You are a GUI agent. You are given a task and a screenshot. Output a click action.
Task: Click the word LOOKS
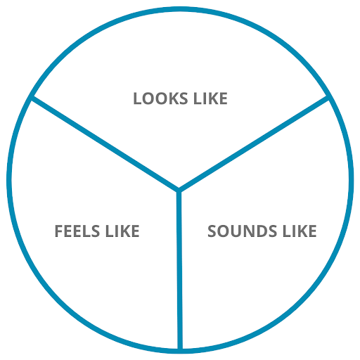160,98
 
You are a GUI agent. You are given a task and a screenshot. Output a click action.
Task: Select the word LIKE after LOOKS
210,98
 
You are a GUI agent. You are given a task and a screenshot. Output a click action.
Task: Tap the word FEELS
77,231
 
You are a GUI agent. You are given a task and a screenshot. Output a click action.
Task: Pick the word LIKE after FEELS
122,231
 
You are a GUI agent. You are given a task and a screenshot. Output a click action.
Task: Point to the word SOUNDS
242,231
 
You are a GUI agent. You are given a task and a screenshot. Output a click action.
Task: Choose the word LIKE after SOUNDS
300,231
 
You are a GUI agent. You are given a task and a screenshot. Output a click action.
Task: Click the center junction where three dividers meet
179,190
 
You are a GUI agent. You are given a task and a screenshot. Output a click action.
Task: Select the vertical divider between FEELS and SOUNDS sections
179,270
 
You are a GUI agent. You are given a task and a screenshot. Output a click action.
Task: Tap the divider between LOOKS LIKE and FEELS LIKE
105,143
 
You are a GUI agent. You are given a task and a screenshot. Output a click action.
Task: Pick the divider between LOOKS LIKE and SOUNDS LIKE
254,143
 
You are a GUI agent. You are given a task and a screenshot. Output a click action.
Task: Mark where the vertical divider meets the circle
180,350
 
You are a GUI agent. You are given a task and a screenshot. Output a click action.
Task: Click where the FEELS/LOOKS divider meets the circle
32,97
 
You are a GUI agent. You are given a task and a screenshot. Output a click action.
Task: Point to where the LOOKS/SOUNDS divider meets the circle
328,98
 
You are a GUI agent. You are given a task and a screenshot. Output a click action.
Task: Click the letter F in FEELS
58,231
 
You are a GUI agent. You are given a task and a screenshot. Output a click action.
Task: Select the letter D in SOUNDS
260,231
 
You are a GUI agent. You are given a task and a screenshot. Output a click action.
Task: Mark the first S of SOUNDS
212,231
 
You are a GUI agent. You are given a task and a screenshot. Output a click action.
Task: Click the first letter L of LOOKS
137,98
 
